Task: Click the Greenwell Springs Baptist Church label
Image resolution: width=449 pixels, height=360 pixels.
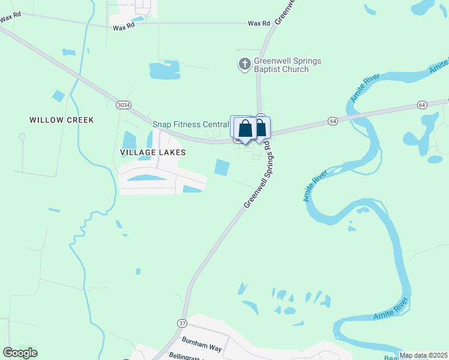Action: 279,65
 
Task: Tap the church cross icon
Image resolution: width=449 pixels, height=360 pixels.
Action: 244,64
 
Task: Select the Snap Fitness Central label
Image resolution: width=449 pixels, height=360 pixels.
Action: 190,124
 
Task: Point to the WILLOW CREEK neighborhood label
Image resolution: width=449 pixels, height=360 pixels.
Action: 62,120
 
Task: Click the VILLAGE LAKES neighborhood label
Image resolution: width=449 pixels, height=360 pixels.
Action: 152,152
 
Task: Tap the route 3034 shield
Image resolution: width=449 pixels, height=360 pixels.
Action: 123,105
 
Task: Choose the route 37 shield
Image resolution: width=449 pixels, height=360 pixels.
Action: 182,323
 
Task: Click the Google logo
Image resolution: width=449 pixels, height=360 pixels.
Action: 20,353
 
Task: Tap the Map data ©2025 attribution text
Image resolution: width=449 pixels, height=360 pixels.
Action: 423,355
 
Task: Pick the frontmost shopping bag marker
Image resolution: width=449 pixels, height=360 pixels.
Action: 246,128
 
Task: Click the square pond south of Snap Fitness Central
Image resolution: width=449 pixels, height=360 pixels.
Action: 222,167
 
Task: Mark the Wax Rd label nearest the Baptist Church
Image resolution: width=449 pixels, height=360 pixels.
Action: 259,23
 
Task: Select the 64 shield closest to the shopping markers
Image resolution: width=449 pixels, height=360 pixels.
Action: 332,121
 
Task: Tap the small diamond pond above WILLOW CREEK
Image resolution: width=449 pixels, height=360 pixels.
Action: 58,95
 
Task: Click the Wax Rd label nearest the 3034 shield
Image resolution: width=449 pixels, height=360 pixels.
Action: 122,27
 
